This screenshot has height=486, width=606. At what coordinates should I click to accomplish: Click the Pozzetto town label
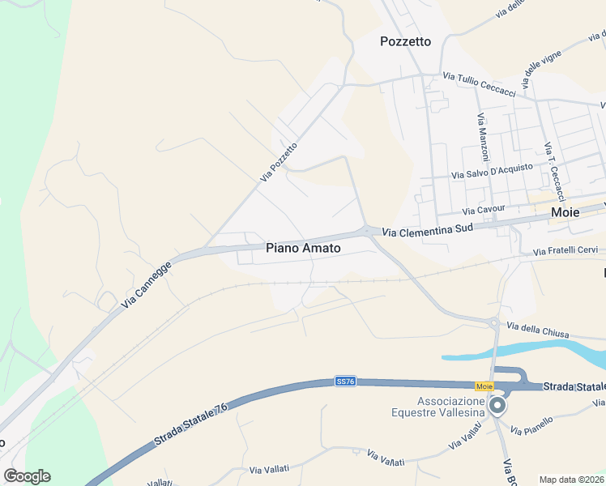tap(405, 41)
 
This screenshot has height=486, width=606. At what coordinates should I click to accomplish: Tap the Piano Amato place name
tap(303, 249)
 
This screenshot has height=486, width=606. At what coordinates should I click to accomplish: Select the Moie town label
tap(565, 212)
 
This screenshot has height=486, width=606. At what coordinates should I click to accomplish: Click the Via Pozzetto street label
tap(279, 161)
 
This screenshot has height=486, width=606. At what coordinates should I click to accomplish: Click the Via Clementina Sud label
tap(426, 231)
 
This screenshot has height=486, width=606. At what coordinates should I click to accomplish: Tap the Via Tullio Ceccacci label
tap(479, 84)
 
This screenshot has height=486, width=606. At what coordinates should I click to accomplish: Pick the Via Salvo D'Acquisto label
tap(492, 171)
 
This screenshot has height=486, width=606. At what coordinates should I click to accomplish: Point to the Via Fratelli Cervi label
tap(565, 252)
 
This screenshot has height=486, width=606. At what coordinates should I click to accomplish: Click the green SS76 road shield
tap(346, 380)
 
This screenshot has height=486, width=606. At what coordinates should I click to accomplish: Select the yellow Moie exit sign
tap(484, 386)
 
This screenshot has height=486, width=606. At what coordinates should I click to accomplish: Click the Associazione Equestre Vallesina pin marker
tap(497, 406)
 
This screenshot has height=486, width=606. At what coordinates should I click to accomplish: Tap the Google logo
tap(27, 475)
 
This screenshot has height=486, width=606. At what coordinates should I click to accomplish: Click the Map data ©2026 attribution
tap(572, 480)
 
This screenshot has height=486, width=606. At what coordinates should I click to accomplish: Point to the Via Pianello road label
tap(531, 424)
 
